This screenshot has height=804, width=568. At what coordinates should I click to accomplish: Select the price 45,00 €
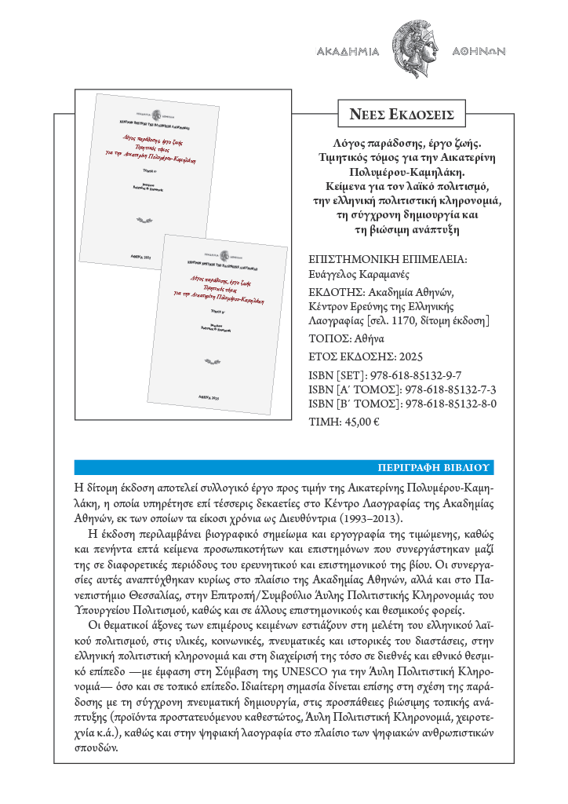pyautogui.click(x=362, y=422)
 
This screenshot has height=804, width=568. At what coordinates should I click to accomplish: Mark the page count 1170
pyautogui.click(x=409, y=321)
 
